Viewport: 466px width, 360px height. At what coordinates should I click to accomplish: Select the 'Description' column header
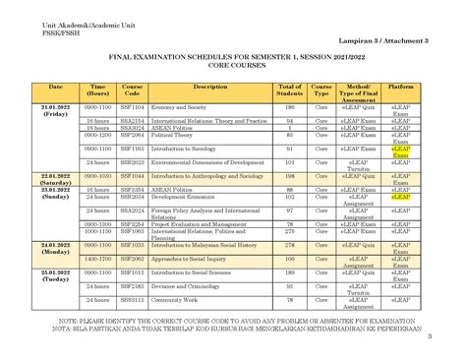pyautogui.click(x=204, y=88)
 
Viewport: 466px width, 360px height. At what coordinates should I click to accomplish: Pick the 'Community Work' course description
pyautogui.click(x=174, y=298)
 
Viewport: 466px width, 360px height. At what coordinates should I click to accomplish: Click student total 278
pyautogui.click(x=290, y=243)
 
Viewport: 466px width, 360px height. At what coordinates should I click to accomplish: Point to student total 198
pyautogui.click(x=290, y=174)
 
